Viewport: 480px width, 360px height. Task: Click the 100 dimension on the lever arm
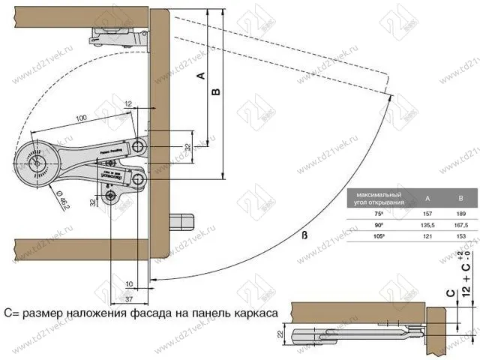coord(81,118)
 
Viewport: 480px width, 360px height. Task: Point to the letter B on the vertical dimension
coord(215,91)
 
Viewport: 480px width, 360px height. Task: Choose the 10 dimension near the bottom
coord(129,283)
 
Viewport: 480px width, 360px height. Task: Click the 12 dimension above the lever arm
coord(128,103)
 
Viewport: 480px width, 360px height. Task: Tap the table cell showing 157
coord(427,214)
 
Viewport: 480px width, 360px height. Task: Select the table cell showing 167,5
coord(460,225)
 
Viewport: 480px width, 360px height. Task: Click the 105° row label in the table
coord(379,236)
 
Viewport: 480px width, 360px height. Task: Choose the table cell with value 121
coord(427,236)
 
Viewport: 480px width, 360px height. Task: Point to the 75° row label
coord(379,214)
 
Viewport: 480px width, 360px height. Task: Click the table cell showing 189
coord(460,214)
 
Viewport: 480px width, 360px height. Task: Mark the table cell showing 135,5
coord(427,225)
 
